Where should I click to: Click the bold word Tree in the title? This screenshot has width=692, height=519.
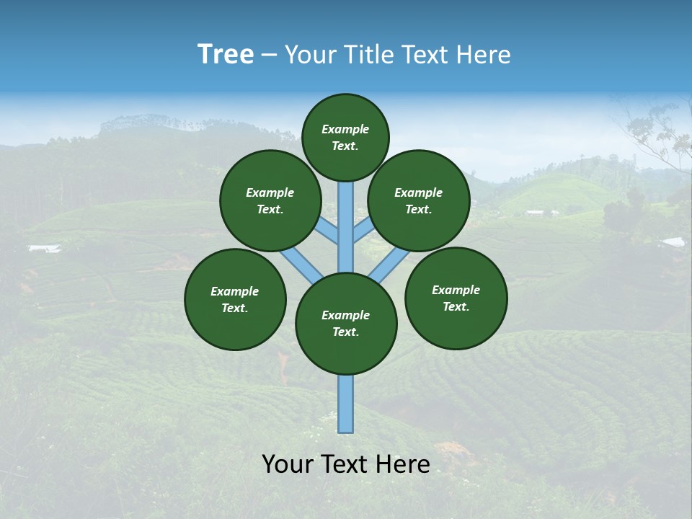pyautogui.click(x=226, y=54)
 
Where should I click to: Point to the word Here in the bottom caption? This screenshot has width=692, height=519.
pyautogui.click(x=403, y=464)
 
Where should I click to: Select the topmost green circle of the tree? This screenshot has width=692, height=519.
pyautogui.click(x=345, y=137)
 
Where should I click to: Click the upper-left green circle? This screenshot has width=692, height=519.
pyautogui.click(x=270, y=200)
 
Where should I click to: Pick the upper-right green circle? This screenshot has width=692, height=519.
pyautogui.click(x=419, y=200)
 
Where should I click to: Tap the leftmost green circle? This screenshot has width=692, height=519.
pyautogui.click(x=235, y=299)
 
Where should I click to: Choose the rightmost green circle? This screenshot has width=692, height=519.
pyautogui.click(x=456, y=298)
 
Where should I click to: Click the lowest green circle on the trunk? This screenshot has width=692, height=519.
pyautogui.click(x=346, y=324)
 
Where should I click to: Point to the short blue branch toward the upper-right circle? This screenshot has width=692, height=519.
pyautogui.click(x=363, y=231)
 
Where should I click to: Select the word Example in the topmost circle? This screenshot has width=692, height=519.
pyautogui.click(x=345, y=130)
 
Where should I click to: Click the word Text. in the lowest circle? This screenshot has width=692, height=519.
pyautogui.click(x=345, y=332)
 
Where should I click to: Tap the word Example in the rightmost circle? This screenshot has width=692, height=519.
pyautogui.click(x=456, y=290)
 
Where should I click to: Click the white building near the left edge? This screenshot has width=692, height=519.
pyautogui.click(x=44, y=249)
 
